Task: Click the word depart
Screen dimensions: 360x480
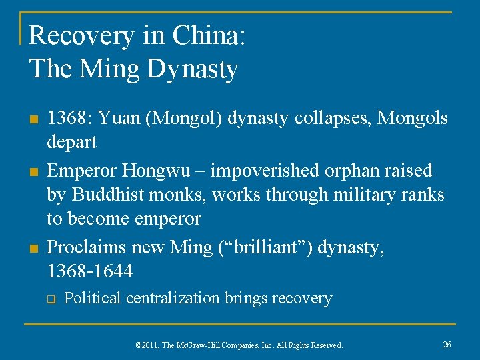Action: (71, 142)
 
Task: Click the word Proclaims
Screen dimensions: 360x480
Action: (87, 247)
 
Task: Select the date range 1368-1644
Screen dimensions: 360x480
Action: (89, 271)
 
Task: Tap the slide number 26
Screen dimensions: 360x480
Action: (447, 344)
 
